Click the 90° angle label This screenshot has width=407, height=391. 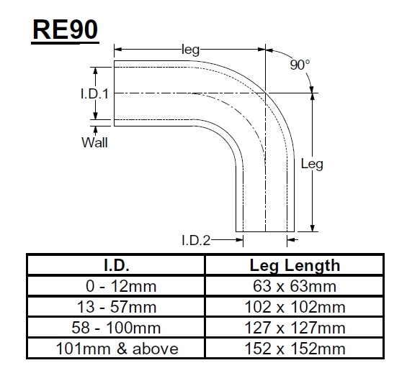(300, 65)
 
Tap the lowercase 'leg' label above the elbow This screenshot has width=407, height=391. (190, 50)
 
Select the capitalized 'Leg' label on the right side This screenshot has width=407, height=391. (311, 164)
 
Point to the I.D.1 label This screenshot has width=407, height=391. (95, 94)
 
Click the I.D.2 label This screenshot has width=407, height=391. (195, 241)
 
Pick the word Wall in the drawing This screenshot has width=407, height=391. (94, 142)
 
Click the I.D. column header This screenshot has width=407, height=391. (116, 265)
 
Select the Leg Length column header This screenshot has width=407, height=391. (295, 265)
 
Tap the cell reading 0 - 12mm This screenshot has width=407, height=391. (116, 286)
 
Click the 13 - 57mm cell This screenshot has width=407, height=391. (116, 307)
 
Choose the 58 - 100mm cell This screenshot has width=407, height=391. (116, 328)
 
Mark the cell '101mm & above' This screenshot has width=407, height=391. (116, 349)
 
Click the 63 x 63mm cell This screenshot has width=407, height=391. (295, 286)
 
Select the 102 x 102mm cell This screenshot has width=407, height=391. (295, 307)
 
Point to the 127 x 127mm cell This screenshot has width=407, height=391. (295, 328)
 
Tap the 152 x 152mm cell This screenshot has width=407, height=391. (295, 349)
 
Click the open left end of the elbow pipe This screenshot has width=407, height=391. (115, 93)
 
